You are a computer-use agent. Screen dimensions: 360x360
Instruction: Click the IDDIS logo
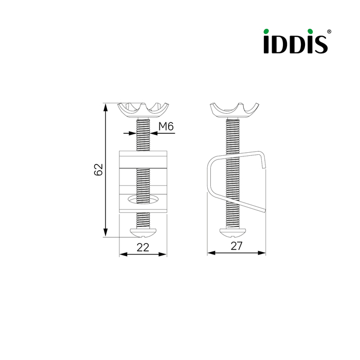point(297,41)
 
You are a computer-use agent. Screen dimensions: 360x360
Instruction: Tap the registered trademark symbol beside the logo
point(329,31)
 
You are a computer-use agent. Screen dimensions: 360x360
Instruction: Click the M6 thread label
point(166,127)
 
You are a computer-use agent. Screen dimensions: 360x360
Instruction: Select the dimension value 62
point(98,170)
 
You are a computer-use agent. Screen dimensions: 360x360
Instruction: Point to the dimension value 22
point(143,247)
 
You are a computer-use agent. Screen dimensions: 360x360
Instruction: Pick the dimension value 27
point(237,246)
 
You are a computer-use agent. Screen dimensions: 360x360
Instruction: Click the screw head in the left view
point(143,232)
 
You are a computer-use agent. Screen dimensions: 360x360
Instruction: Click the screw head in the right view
point(233,232)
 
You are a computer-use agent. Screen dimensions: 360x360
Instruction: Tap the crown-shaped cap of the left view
point(143,110)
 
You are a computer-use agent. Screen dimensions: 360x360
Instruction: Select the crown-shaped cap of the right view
point(235,111)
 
